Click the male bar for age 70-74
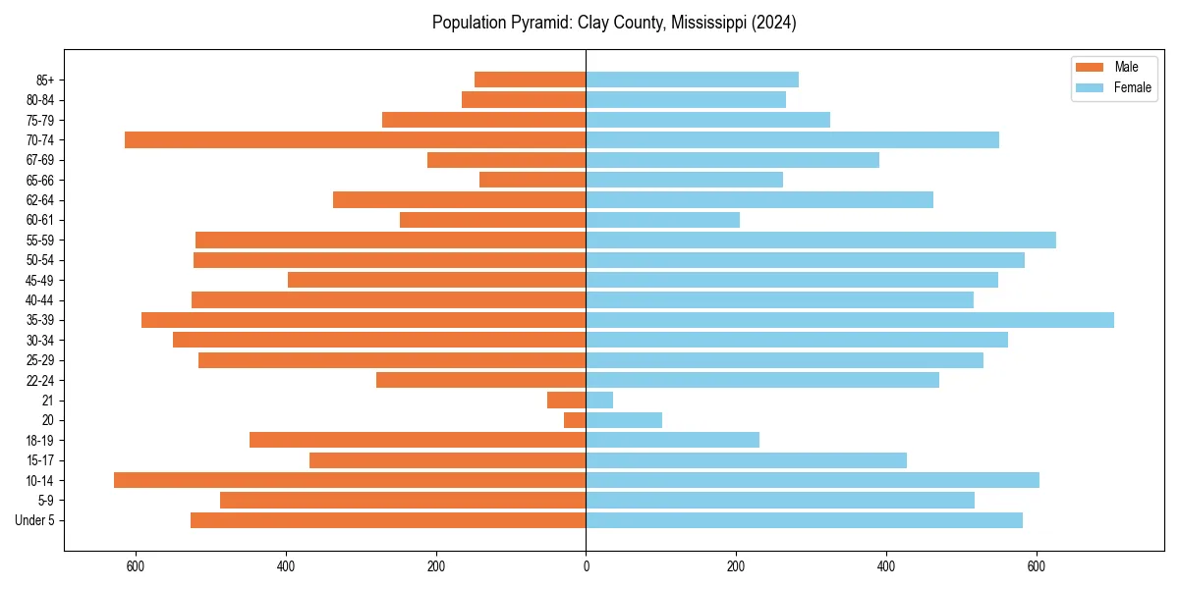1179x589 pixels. tap(355, 140)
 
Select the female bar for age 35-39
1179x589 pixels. tap(850, 320)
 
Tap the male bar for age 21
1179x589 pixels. tap(566, 401)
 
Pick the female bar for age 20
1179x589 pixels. tap(624, 420)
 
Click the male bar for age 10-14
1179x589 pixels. tap(350, 480)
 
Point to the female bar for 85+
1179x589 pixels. tap(692, 80)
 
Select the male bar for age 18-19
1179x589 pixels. tap(418, 440)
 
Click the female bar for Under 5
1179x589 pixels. tap(804, 520)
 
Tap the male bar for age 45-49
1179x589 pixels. tap(437, 280)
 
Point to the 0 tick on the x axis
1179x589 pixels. tap(586, 566)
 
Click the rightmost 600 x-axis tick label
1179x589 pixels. tap(1036, 566)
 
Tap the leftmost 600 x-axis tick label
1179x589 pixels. tap(136, 566)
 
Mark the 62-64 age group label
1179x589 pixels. tap(40, 200)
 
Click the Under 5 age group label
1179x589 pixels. tap(35, 520)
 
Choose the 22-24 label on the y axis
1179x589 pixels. tap(40, 380)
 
